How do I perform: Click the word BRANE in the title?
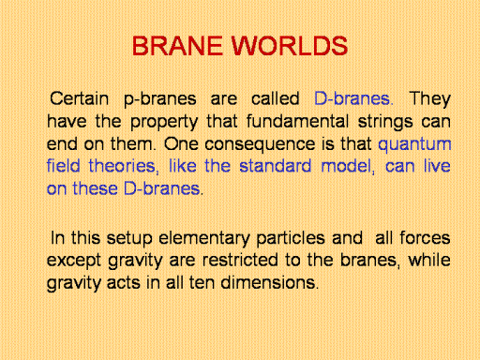177,46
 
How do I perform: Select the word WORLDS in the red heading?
290,46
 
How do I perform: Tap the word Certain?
79,98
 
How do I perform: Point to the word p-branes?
160,99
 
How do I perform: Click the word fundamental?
297,121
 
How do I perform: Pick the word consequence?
260,145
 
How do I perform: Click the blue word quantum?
414,145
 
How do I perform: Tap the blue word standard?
276,166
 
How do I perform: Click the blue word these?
95,188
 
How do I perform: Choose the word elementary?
204,239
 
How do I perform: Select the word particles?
291,239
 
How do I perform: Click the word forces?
425,238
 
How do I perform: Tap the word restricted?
240,260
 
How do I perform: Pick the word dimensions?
269,282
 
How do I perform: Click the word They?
429,99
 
